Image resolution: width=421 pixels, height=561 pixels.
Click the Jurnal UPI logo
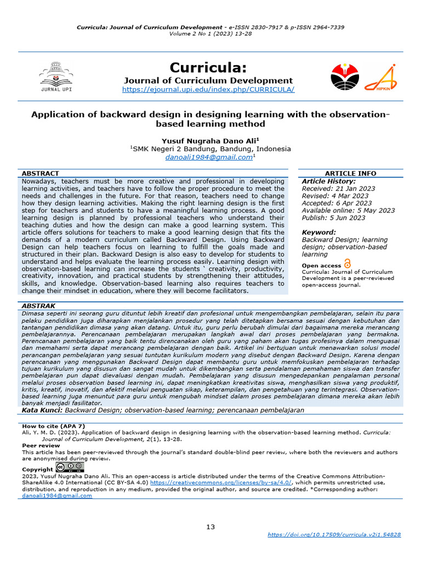pos(55,76)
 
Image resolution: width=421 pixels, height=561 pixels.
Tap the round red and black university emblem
pos(346,76)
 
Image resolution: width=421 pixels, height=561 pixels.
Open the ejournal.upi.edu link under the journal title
pos(208,89)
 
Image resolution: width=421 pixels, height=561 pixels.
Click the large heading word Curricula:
pos(208,67)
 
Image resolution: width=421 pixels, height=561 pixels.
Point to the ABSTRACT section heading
pos(41,173)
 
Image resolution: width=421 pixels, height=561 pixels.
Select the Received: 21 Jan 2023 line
pos(338,188)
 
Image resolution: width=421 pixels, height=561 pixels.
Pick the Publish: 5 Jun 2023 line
pos(333,217)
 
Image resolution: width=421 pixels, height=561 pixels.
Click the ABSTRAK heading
pos(38,306)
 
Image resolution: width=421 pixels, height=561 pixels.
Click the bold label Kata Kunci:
pos(42,410)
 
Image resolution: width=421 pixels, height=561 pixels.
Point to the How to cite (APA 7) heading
pos(54,426)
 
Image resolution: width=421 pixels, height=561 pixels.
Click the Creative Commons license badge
pos(70,468)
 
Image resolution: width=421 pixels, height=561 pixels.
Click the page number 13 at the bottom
pos(210,526)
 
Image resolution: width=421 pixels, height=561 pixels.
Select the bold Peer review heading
pos(37,446)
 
